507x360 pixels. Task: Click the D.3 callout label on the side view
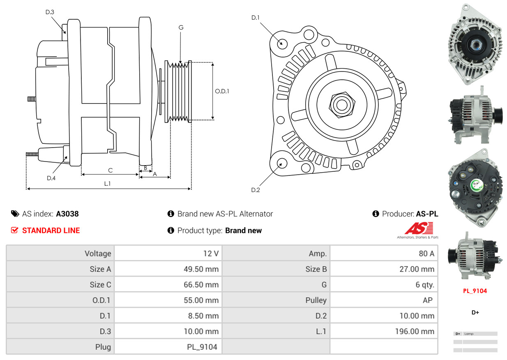pos(50,12)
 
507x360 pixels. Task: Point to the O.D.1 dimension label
pos(222,91)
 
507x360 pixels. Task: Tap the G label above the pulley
pos(181,28)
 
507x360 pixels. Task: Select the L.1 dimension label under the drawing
pos(107,184)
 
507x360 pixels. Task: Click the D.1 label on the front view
pos(256,17)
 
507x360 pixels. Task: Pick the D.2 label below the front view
pos(256,190)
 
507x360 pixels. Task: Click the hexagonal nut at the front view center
pos(342,105)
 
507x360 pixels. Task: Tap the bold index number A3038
pos(67,214)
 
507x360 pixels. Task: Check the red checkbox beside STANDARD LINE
pos(14,230)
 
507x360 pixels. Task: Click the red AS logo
pos(419,228)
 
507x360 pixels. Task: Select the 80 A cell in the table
pos(426,254)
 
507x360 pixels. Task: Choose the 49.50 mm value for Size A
pos(201,269)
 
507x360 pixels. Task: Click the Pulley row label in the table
pos(316,300)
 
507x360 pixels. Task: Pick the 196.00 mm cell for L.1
pos(415,331)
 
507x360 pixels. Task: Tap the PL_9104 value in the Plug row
pos(202,347)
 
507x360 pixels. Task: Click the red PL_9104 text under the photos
pos(475,291)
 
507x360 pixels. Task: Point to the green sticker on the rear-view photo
pos(476,185)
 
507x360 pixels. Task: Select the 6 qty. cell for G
pos(425,285)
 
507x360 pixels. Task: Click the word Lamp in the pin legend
pos(469,334)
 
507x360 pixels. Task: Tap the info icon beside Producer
pos(376,214)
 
